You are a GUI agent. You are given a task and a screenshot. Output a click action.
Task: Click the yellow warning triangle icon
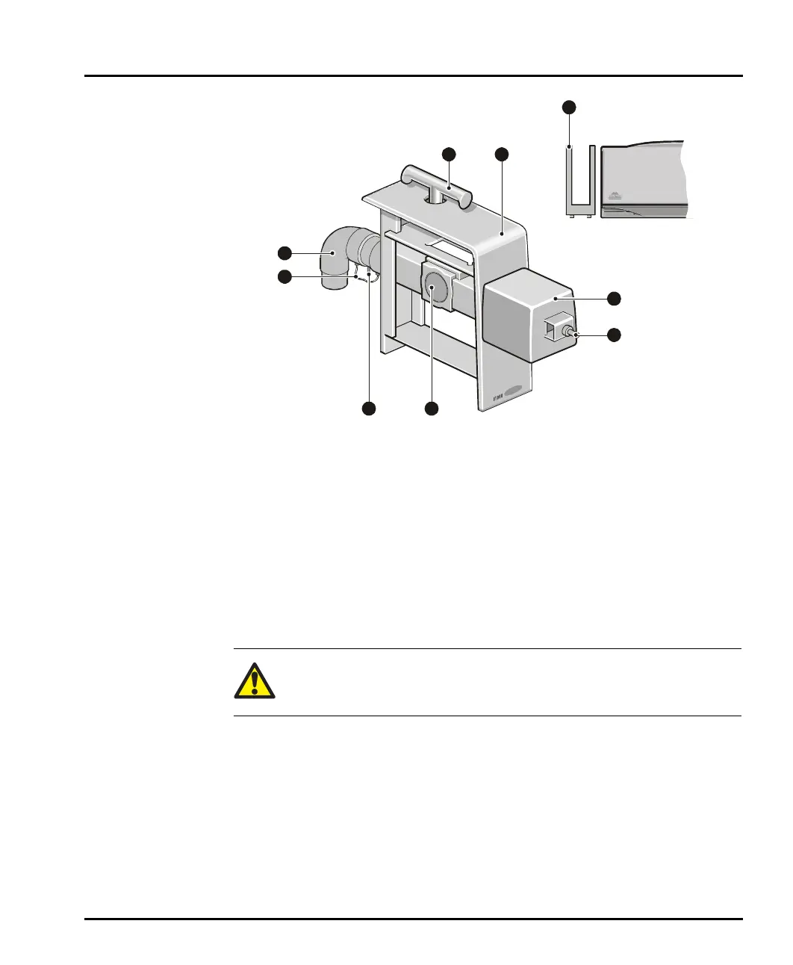(255, 681)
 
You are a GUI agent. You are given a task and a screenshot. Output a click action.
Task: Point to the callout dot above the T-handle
(448, 154)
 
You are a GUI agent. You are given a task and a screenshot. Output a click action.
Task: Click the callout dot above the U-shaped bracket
(569, 108)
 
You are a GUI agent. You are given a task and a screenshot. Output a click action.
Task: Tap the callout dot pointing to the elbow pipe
(284, 252)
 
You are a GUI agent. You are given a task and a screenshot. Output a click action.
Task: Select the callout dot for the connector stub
(614, 335)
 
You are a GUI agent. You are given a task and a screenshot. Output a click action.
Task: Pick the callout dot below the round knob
(432, 409)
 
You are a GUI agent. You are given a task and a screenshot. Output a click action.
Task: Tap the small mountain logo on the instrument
(615, 196)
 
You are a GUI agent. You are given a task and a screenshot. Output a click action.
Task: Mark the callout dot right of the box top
(614, 299)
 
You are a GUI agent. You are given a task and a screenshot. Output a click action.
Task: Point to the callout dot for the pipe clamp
(284, 277)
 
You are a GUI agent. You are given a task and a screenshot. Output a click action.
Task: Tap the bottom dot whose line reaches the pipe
(369, 409)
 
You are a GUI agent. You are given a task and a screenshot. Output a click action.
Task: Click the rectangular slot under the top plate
(448, 247)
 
